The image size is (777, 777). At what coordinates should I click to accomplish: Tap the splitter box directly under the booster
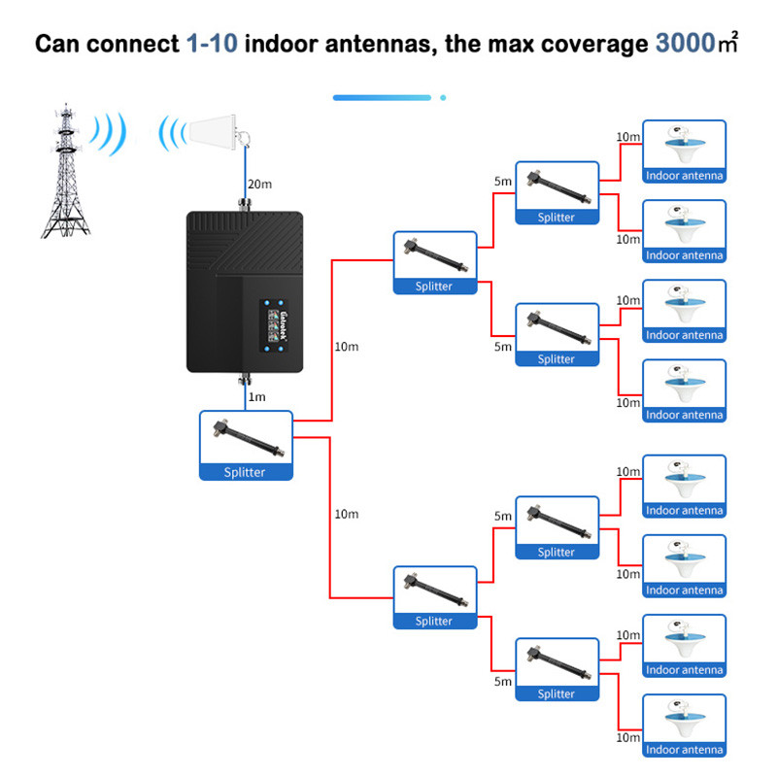coord(246,445)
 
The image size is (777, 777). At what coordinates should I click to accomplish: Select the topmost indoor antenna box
coord(684,152)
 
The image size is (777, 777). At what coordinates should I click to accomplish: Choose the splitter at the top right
coord(557,193)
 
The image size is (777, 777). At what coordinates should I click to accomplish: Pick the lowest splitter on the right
coord(557,669)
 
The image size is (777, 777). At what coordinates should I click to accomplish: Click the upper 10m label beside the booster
coord(347,347)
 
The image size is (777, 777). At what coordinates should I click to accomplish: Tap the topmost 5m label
coord(502,182)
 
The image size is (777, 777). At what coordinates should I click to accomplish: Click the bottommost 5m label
coord(502,682)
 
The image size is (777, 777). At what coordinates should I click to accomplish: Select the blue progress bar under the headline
coord(382,97)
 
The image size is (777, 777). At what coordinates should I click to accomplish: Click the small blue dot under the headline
coord(443,97)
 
